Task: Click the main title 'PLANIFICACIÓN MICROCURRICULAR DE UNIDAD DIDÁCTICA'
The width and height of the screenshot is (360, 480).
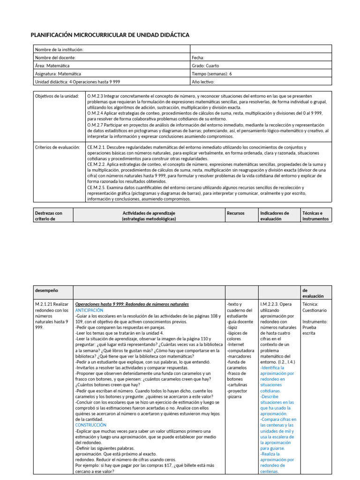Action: pos(110,35)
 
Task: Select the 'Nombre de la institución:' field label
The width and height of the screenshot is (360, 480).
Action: pos(59,49)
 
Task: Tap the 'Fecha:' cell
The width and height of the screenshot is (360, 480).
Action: pos(198,58)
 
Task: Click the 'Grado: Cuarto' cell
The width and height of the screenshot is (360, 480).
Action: pos(205,66)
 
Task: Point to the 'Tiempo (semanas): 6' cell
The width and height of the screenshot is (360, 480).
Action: pos(212,74)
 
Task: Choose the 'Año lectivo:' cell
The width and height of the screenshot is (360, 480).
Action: pos(203,82)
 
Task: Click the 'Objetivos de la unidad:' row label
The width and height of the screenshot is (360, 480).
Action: pos(57,96)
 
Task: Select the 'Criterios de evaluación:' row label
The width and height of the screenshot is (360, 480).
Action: pos(58,147)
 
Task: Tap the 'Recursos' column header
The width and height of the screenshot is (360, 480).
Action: pos(235,213)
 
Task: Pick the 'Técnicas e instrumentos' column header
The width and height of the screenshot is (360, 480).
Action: pos(315,216)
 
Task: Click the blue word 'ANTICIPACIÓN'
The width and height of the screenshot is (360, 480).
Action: pos(89,310)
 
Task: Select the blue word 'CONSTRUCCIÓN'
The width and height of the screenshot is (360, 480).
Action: pos(91,425)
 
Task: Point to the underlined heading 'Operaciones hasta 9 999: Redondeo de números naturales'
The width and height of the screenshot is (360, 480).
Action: pos(132,304)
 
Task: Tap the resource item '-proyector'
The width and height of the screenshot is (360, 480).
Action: pos(237,390)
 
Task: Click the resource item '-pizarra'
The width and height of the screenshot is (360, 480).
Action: pos(234,396)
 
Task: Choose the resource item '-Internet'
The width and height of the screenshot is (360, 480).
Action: pos(235,345)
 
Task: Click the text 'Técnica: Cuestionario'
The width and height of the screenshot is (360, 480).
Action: pos(315,307)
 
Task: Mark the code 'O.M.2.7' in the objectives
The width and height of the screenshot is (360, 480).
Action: pos(96,125)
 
